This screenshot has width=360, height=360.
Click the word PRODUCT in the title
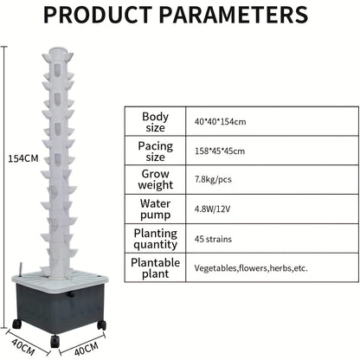click(98, 15)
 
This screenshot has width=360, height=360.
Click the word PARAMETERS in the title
click(234, 15)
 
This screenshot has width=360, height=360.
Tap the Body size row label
click(155, 122)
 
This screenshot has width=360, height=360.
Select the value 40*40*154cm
click(220, 122)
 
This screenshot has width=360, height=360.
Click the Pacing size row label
click(155, 151)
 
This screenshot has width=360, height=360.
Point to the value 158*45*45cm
click(220, 151)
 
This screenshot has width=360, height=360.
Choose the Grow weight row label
click(155, 179)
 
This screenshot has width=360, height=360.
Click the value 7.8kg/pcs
click(213, 179)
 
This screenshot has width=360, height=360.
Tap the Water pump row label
click(155, 209)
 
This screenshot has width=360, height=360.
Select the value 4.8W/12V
click(212, 209)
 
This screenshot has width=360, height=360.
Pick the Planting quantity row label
click(155, 239)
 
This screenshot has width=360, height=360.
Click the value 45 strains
click(213, 239)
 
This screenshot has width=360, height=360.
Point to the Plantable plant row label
click(155, 268)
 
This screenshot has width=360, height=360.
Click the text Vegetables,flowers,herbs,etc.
click(251, 268)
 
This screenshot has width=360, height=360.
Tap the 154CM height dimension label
click(23, 158)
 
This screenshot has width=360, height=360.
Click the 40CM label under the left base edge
click(23, 346)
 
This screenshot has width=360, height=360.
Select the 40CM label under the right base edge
click(87, 349)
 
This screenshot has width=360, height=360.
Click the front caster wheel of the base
click(55, 342)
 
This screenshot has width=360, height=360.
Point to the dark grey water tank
click(60, 306)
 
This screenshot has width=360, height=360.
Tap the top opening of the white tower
click(58, 50)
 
